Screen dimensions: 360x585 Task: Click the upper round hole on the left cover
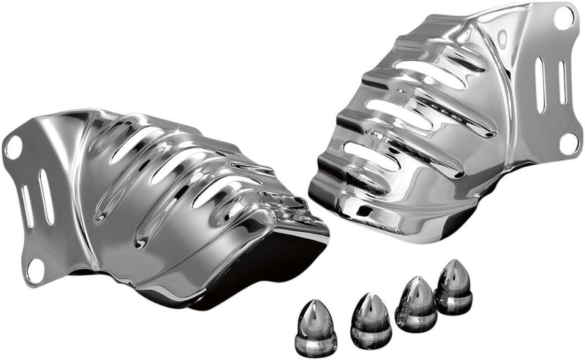12,146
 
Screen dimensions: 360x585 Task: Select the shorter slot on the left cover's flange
28,207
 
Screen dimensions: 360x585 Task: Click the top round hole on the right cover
564,18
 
